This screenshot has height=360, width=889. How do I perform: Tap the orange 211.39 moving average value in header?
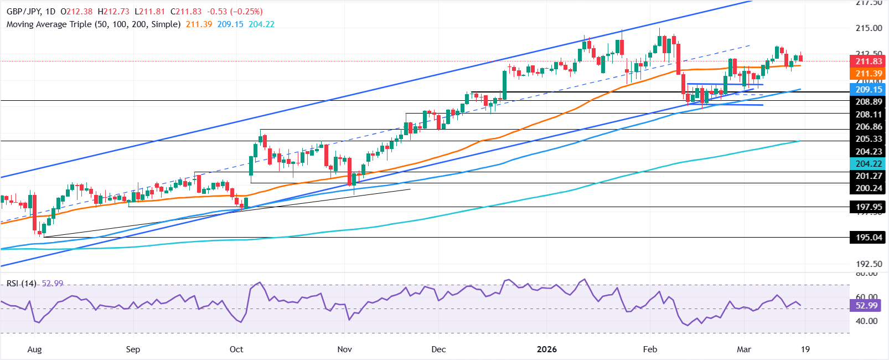[x=199, y=24]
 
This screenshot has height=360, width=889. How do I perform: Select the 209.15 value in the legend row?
[x=230, y=24]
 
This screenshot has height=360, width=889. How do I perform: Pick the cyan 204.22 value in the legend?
[x=261, y=24]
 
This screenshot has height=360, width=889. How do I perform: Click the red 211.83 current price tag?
[x=869, y=61]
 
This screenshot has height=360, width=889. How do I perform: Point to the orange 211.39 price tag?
[x=869, y=74]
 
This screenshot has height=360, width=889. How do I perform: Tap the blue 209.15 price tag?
[x=869, y=89]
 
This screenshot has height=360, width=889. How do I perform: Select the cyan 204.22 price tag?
[x=869, y=163]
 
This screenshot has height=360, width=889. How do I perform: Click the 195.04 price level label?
[x=869, y=238]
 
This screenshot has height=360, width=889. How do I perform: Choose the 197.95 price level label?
[x=869, y=207]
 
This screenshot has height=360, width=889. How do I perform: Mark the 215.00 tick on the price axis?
[x=869, y=28]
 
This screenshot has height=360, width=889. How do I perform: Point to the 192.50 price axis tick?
[x=869, y=264]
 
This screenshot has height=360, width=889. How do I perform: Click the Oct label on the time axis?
[x=236, y=349]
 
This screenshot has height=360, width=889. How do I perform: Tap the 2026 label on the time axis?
[x=547, y=349]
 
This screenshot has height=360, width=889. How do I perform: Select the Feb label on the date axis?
[x=650, y=349]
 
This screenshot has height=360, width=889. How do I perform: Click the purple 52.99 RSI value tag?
[x=866, y=306]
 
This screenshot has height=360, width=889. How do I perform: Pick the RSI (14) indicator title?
[x=22, y=284]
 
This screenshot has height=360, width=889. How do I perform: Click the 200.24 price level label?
[x=869, y=188]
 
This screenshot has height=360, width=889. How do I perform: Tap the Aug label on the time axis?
[x=34, y=349]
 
